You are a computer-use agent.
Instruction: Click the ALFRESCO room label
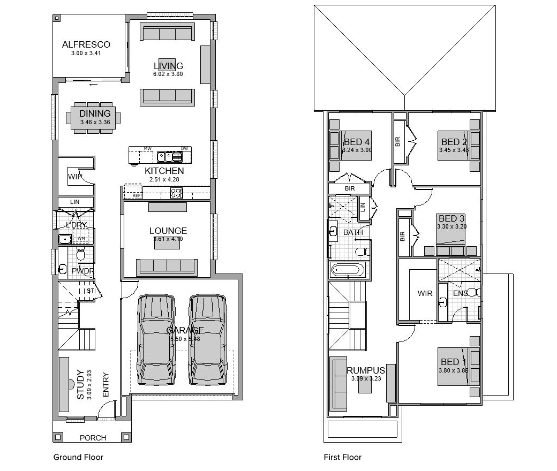point(86,44)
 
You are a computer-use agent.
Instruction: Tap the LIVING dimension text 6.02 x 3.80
point(168,74)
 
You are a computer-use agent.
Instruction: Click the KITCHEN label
point(164,171)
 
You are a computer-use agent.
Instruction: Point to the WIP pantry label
point(75,177)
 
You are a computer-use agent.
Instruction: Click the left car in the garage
point(156,339)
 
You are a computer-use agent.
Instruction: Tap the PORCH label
point(93,438)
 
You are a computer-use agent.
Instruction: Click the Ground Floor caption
point(78,457)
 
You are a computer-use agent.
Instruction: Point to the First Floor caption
point(342,457)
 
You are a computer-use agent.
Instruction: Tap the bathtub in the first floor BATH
point(348,270)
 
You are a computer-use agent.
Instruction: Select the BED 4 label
point(357,142)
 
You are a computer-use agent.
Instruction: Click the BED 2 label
point(454,142)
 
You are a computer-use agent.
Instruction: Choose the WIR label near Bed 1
point(425,293)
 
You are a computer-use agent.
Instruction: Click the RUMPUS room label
point(366,370)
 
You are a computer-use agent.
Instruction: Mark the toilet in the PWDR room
point(81,255)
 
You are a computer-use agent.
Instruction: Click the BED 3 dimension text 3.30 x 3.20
point(451,226)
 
